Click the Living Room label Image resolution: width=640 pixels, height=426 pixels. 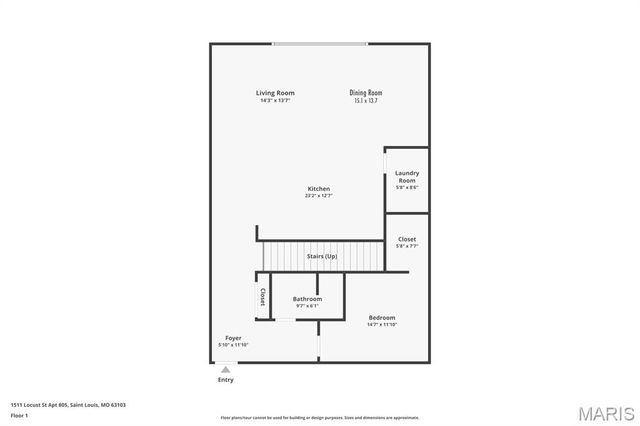[275, 93]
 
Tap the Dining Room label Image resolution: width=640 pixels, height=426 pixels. [367, 93]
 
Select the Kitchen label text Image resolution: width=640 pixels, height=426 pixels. [318, 189]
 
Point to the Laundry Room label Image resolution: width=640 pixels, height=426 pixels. [407, 176]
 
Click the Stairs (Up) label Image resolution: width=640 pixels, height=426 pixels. [321, 257]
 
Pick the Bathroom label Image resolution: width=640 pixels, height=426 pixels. [307, 299]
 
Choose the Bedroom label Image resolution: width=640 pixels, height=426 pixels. [381, 318]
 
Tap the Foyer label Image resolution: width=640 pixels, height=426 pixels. [232, 338]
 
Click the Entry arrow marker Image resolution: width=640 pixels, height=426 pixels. [225, 369]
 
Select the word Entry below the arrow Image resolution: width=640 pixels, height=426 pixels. [225, 380]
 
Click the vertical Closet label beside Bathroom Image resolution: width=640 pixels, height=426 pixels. [263, 296]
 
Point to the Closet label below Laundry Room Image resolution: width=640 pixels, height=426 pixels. [407, 239]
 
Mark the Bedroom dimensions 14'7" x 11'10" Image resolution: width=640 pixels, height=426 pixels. [381, 325]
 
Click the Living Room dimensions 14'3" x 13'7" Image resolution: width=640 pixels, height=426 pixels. [275, 100]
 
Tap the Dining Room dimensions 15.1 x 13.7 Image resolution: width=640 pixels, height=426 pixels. [367, 100]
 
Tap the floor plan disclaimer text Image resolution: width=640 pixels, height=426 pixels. [320, 417]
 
